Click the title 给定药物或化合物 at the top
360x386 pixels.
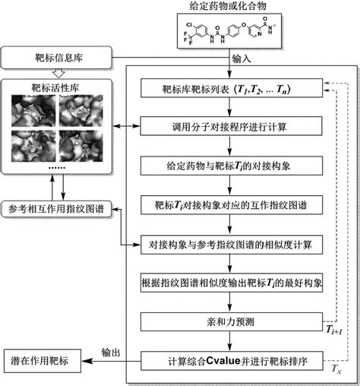[x=229, y=7]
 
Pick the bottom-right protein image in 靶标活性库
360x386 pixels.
[x=80, y=147]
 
